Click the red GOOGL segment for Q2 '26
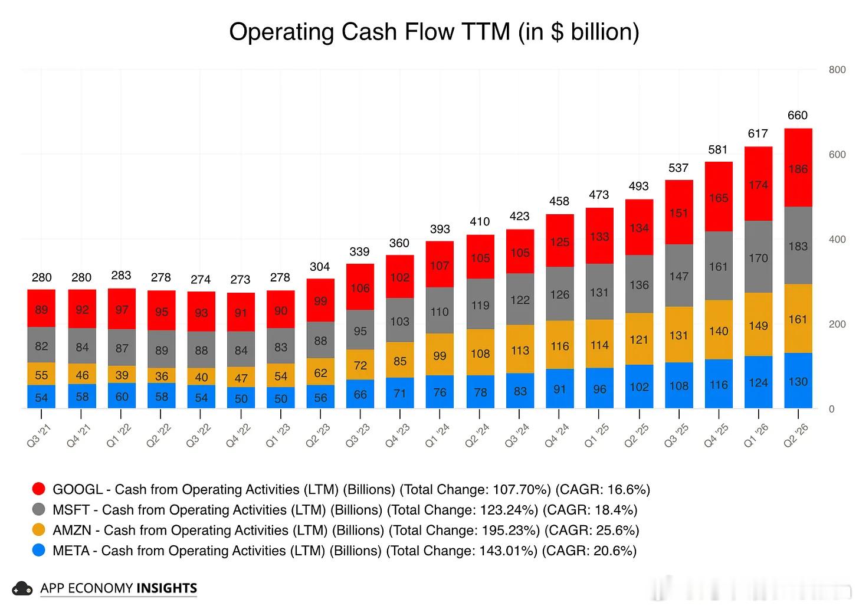[x=798, y=168]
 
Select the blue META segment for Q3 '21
[x=41, y=397]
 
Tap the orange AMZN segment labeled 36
[x=162, y=375]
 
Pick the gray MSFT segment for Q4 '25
[x=719, y=266]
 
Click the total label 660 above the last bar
[x=798, y=115]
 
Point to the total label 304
[x=320, y=267]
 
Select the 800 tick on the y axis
[x=837, y=70]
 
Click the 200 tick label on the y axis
[x=837, y=324]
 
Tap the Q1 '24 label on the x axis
[x=438, y=436]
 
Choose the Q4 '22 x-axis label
[x=239, y=436]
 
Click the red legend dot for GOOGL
[x=39, y=489]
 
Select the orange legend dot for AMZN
[x=39, y=530]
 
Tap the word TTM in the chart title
[x=487, y=32]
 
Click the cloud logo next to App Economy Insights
[x=22, y=588]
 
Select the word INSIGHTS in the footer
[x=167, y=588]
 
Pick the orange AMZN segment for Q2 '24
[x=480, y=352]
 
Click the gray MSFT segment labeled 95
[x=360, y=330]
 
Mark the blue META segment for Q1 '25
[x=600, y=388]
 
